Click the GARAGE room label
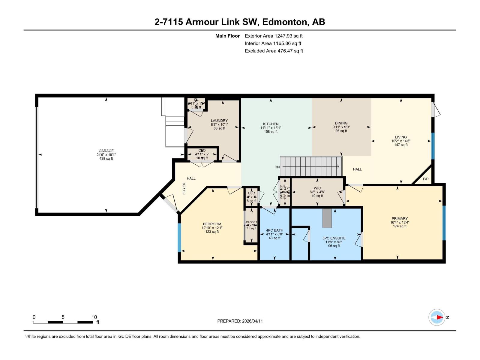(x=106, y=151)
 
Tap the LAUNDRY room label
(x=219, y=121)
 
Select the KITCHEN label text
(x=271, y=124)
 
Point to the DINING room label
(x=341, y=123)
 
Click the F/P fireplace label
(x=425, y=179)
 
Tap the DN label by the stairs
(x=277, y=167)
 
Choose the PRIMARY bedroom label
(x=399, y=218)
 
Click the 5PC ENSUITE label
(x=334, y=238)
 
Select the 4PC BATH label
(x=274, y=230)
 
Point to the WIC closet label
(x=317, y=188)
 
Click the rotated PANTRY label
(x=281, y=192)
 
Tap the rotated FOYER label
(x=184, y=188)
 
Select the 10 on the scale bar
(x=94, y=317)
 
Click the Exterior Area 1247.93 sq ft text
(x=274, y=36)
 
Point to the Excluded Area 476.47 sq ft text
(x=274, y=51)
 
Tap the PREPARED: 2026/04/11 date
(x=240, y=321)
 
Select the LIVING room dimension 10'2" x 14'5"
(x=400, y=141)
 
